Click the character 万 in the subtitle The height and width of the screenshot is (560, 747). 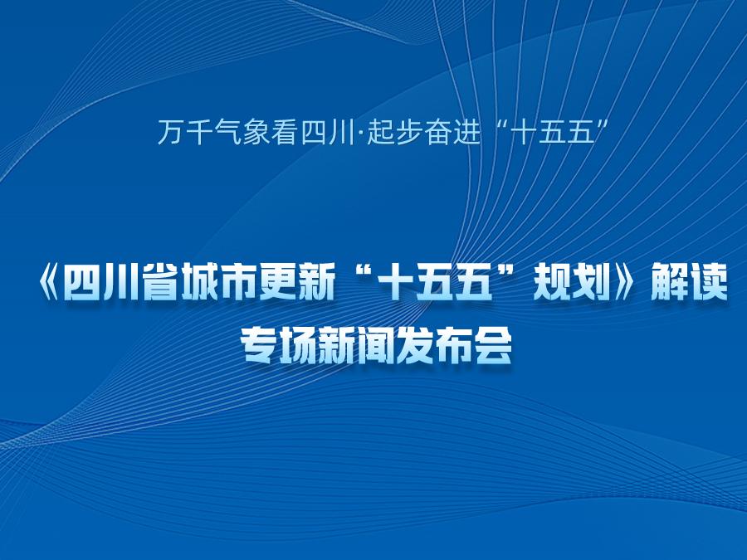coord(170,132)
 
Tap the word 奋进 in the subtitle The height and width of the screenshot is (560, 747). coord(452,132)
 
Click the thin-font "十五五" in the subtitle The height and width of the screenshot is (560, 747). coord(554,132)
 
